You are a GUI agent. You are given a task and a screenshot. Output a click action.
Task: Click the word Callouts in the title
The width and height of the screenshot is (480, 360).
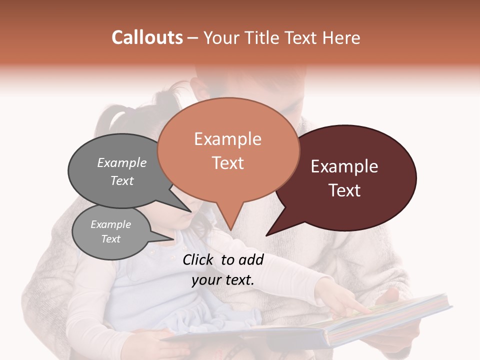[x=147, y=37]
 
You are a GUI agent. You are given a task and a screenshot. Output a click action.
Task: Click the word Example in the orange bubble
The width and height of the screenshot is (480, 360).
[x=227, y=139]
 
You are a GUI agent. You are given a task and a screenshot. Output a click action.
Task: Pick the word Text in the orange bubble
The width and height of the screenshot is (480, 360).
[x=227, y=163]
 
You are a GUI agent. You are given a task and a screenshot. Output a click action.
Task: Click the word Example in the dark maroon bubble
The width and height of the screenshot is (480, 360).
[x=344, y=166]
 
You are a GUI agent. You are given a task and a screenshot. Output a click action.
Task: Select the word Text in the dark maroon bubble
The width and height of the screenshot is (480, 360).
[x=344, y=190]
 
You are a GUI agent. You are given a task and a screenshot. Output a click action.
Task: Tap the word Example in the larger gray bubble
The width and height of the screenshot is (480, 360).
[x=121, y=162]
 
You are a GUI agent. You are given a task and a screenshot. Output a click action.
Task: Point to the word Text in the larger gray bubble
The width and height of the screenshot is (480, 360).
[x=121, y=180]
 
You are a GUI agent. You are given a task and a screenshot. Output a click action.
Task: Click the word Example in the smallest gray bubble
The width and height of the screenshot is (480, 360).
[x=110, y=224]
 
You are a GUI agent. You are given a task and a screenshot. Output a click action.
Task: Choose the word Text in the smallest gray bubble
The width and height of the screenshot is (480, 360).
[x=110, y=239]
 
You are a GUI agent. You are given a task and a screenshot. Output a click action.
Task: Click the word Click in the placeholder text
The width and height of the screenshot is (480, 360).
[x=199, y=259]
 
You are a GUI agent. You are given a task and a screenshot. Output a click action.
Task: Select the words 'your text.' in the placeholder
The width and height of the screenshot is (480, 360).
[x=223, y=280]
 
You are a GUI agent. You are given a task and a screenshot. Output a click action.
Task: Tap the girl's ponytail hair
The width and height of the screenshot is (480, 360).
[x=112, y=122]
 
